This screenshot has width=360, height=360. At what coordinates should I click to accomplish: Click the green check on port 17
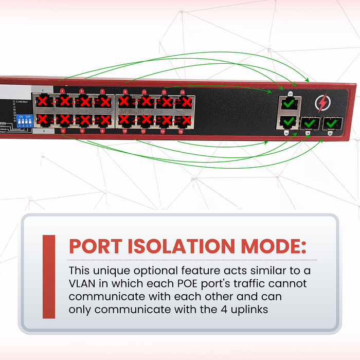pos(289,103)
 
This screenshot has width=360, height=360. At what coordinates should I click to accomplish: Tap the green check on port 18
pos(289,122)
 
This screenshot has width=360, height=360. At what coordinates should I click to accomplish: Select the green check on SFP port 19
pos(309,123)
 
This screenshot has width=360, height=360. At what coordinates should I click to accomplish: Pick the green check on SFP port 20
pos(329,123)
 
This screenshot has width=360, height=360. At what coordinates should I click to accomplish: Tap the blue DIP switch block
pos(25,121)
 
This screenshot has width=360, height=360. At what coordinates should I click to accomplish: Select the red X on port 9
pos(124,101)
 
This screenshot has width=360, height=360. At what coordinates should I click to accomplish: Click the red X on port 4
pos(64,120)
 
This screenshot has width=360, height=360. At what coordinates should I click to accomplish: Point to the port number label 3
pos(62,91)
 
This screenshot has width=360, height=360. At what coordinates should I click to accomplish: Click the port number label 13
pos(164,91)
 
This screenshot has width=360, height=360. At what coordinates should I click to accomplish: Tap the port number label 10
pos(125,132)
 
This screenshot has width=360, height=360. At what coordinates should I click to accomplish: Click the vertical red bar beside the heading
pos(49,276)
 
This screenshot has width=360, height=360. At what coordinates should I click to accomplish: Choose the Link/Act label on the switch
pos(21,102)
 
